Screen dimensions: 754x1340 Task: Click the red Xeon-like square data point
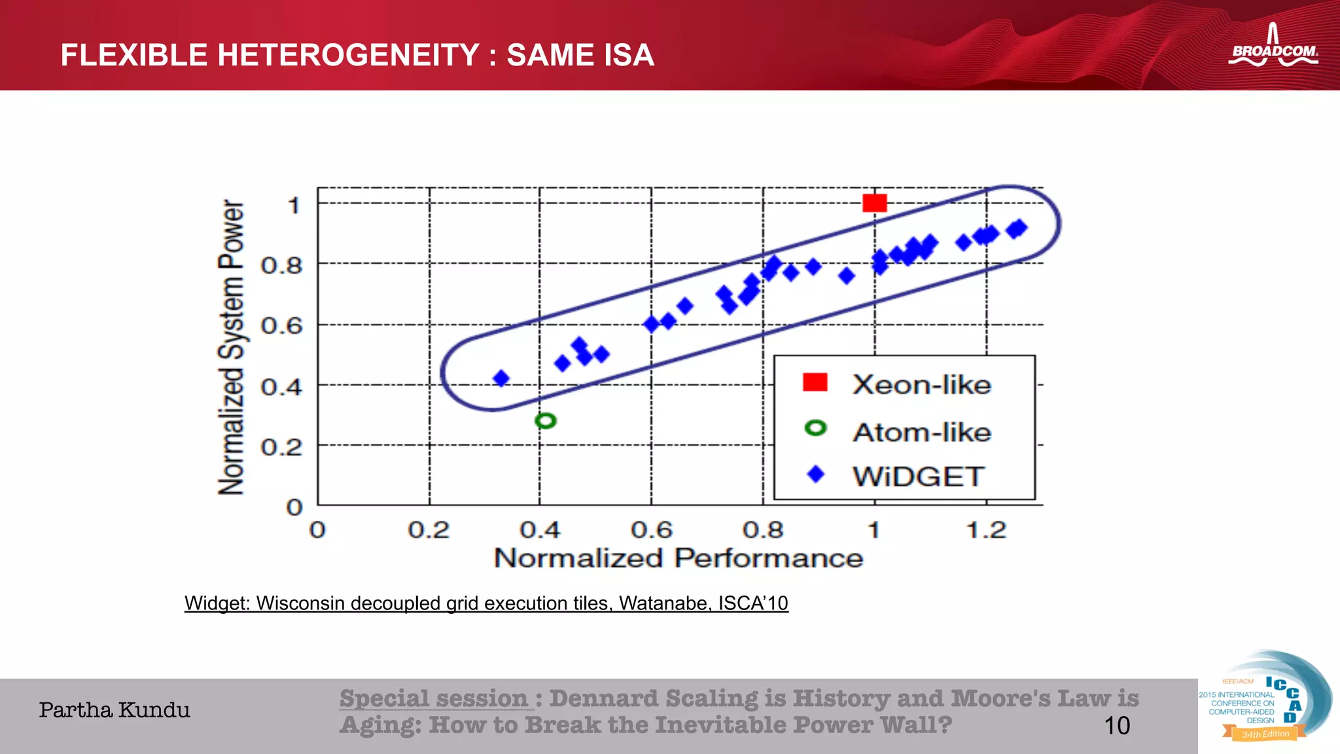coord(874,203)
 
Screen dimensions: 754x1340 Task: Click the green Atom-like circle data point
coord(545,421)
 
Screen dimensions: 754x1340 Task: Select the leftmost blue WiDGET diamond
coord(501,378)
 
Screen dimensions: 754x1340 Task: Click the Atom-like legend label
coord(922,432)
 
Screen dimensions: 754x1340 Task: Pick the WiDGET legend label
coord(918,476)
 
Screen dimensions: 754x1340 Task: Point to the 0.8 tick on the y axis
coord(282,265)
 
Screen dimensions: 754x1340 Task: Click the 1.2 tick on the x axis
coord(986,530)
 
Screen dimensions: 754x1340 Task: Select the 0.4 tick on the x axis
coord(540,530)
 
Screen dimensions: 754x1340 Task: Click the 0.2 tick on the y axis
coord(282,447)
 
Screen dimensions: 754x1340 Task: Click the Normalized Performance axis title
coord(679,558)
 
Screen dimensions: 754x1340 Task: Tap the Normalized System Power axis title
coord(231,348)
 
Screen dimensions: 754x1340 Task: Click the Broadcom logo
coord(1273,47)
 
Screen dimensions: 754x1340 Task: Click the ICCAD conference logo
coord(1265,698)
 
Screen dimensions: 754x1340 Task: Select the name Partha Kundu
coord(115,710)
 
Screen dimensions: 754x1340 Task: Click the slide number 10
coord(1117,725)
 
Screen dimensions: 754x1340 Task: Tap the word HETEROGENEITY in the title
coord(349,55)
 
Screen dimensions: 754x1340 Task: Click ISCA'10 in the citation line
coord(753,603)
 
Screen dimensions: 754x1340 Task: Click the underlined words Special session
coord(434,698)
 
